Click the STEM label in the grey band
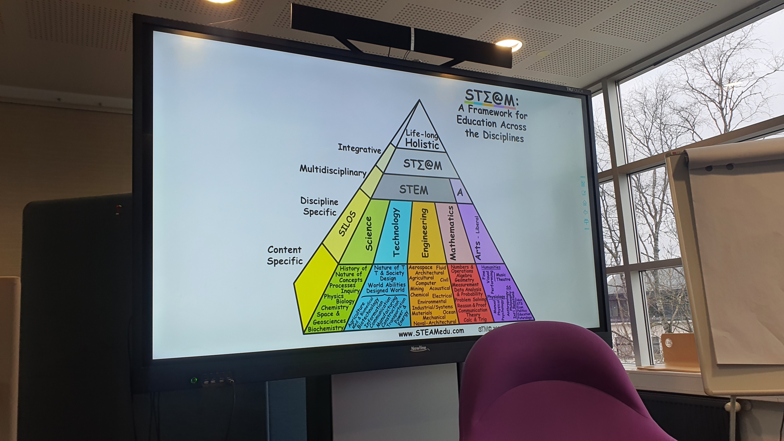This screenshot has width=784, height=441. coord(413,190)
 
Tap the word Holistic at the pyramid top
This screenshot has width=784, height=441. coord(422,145)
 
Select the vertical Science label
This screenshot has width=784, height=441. coord(369,234)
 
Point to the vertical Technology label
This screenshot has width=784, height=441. coord(396,232)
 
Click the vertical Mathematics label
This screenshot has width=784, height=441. coord(451,233)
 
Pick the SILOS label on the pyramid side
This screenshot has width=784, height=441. coord(347,224)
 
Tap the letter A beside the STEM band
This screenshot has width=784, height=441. coord(460,192)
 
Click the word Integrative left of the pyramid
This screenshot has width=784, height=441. coord(359,149)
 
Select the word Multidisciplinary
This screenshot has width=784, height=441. coord(333,170)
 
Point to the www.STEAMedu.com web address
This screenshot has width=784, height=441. coord(431,332)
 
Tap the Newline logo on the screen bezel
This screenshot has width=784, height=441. coord(418,348)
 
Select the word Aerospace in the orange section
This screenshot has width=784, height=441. coord(420,267)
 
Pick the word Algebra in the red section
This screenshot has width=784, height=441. coord(464,276)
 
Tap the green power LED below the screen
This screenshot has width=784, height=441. coord(194,381)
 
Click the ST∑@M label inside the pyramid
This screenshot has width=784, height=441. coord(422,164)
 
